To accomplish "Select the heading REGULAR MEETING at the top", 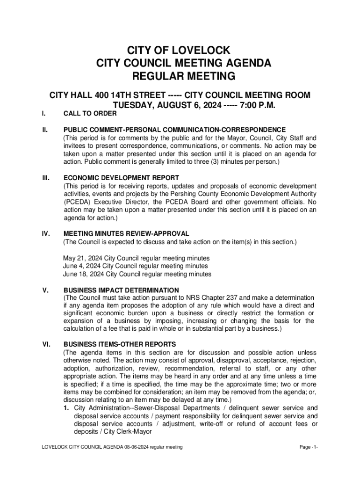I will (180, 76).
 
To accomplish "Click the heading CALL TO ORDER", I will (90, 114).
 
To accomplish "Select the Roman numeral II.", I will (45, 130).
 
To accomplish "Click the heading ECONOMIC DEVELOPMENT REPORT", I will (121, 178).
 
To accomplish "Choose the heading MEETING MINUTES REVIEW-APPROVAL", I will (126, 233).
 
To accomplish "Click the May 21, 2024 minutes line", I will (136, 258).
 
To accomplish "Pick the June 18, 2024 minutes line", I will (137, 274).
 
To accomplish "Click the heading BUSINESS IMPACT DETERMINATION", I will (121, 290).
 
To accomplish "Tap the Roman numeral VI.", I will (46, 344).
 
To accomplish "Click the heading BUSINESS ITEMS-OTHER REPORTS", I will (120, 344).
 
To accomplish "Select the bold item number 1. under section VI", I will (67, 408).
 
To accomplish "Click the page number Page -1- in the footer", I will (309, 447).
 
